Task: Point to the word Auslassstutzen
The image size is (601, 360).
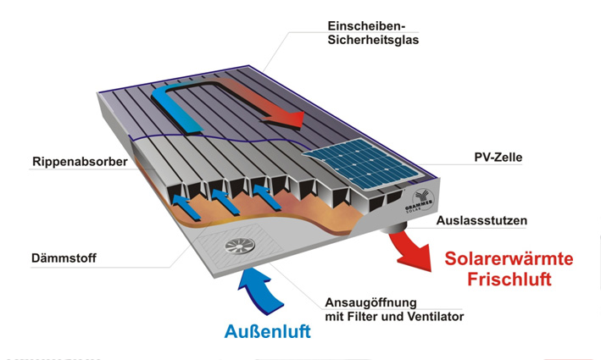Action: pyautogui.click(x=481, y=221)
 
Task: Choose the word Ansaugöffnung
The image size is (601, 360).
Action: pyautogui.click(x=372, y=302)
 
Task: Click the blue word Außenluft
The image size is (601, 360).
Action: pyautogui.click(x=267, y=332)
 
